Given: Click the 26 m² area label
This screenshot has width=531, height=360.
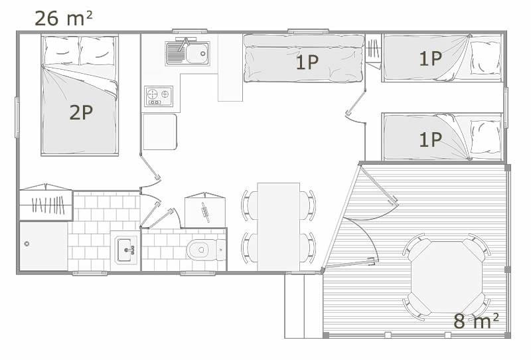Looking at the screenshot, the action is [x=63, y=19].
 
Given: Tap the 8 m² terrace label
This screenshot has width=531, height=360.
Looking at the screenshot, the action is [x=476, y=321].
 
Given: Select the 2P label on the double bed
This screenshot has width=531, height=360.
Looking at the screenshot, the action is [x=81, y=112].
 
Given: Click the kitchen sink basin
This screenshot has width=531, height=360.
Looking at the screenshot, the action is [x=197, y=54].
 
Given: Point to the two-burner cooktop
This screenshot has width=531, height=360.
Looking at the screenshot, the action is [x=159, y=96].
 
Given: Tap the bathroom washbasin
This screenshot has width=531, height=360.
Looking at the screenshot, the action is [x=125, y=250].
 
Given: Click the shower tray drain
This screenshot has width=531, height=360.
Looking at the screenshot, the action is [x=27, y=243].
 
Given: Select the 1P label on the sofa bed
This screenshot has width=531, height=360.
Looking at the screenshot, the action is [x=307, y=62].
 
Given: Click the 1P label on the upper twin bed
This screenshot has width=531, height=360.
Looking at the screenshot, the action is [x=430, y=58].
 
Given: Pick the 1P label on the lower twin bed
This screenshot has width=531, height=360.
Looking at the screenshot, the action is [x=430, y=139].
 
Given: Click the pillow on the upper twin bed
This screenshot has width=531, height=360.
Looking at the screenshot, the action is [x=486, y=58].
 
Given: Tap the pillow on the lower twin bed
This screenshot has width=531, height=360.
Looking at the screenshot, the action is [x=486, y=137].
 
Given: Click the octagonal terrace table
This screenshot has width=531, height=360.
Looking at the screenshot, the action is [x=446, y=277].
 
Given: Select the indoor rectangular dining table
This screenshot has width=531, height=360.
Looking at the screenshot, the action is [x=278, y=226].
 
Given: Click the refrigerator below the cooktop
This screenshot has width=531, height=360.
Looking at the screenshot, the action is [x=160, y=132].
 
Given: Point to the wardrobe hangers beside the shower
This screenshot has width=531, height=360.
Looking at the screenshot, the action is [x=48, y=205].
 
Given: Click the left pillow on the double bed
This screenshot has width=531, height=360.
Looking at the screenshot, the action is [x=62, y=50].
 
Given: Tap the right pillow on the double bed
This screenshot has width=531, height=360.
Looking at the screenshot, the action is [x=98, y=50].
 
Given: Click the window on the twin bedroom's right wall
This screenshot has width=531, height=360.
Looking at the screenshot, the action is [x=506, y=108].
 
